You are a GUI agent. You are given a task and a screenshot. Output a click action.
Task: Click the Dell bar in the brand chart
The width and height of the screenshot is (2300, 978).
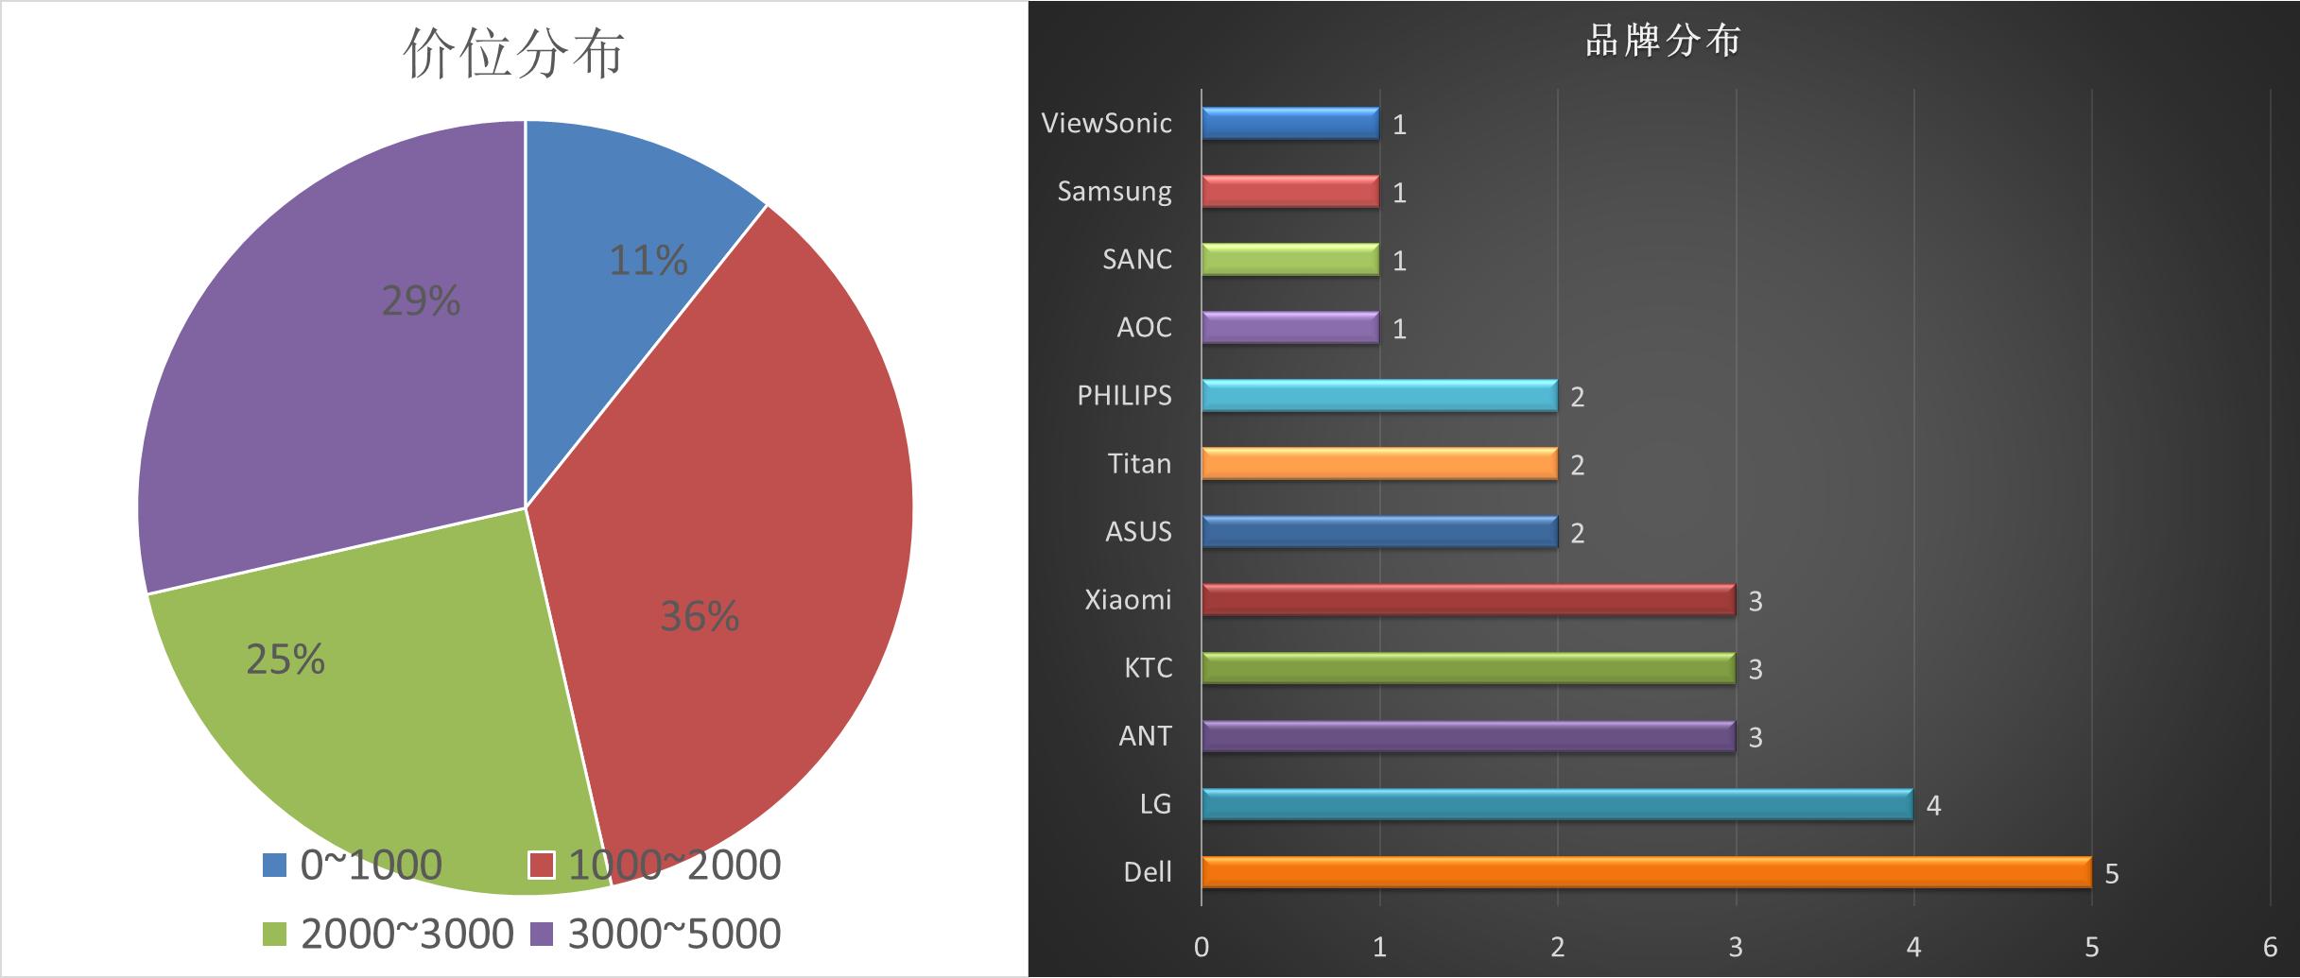coord(1645,871)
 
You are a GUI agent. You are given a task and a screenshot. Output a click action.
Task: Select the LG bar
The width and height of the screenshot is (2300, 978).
coord(1556,803)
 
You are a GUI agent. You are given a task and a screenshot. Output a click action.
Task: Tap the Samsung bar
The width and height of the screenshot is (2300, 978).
coord(1289,191)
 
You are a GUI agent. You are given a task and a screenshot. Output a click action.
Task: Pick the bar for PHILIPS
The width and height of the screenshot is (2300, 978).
coord(1378,395)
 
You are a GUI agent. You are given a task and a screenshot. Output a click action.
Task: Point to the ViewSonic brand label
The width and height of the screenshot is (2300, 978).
coord(1106,123)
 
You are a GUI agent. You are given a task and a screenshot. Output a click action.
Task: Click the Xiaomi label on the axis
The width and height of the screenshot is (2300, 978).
coord(1128,599)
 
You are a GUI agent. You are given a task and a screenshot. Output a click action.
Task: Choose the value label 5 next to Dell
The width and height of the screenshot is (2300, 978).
coord(2112,874)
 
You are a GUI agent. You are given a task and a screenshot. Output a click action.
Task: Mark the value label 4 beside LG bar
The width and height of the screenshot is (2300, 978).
coord(1933,806)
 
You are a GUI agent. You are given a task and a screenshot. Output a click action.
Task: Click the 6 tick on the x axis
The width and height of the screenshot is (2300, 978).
coord(2270,947)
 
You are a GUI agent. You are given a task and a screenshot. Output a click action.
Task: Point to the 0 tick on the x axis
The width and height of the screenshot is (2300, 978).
coord(1202,947)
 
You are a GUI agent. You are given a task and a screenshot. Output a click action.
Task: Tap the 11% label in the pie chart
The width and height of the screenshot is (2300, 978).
coord(648,261)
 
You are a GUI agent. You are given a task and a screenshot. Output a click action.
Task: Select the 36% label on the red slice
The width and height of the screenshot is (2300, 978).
coord(699,617)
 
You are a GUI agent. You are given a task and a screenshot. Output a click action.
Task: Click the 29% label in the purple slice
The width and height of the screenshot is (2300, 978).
coord(421,301)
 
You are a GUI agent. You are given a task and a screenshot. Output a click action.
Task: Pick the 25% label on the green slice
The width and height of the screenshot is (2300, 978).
coord(285,660)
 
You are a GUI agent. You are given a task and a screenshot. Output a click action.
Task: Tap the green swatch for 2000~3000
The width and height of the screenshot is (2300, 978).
coord(274,934)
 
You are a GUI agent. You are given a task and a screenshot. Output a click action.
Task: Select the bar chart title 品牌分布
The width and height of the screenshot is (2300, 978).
coord(1663,42)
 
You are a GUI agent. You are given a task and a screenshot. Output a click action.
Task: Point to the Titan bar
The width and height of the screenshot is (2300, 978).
coord(1378,463)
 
